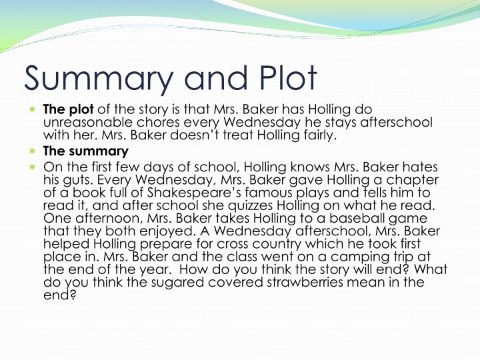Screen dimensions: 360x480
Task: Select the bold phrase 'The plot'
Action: [69, 109]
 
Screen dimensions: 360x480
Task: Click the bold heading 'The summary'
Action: [85, 151]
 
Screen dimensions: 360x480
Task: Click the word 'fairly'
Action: [314, 136]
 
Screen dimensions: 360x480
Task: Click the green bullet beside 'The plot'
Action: [33, 109]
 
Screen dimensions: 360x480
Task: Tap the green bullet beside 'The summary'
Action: [33, 151]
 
